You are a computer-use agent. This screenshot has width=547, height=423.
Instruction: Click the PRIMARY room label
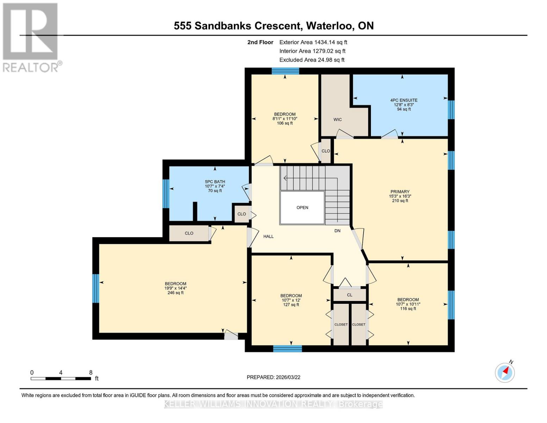[399, 192]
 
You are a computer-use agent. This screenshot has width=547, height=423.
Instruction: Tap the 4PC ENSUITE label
[404, 100]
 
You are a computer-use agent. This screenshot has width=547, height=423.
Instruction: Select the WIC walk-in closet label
[337, 120]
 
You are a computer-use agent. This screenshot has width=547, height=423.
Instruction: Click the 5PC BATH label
[215, 182]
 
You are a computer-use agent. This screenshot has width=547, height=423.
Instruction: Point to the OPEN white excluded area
[302, 208]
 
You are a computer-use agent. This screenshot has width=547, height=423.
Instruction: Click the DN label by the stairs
[337, 231]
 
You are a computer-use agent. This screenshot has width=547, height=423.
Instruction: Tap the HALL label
[268, 237]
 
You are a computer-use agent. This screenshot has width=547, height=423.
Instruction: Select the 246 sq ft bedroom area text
[175, 293]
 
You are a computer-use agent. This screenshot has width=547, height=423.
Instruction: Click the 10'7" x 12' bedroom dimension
[291, 300]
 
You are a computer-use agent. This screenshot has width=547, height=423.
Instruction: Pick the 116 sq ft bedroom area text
[408, 309]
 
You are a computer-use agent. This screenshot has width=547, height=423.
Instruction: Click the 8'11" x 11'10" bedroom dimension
[285, 119]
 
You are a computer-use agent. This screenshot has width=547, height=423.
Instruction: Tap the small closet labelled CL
[349, 295]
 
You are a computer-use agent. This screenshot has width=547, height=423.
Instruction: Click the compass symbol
[505, 372]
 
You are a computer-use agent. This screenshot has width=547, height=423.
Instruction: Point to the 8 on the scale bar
[91, 373]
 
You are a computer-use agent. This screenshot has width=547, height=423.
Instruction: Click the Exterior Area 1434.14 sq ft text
[313, 42]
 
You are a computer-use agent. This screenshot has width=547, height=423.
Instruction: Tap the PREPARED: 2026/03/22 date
[273, 377]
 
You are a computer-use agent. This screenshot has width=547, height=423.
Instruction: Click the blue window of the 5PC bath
[166, 194]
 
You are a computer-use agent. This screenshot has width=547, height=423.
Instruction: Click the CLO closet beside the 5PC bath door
[242, 214]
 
